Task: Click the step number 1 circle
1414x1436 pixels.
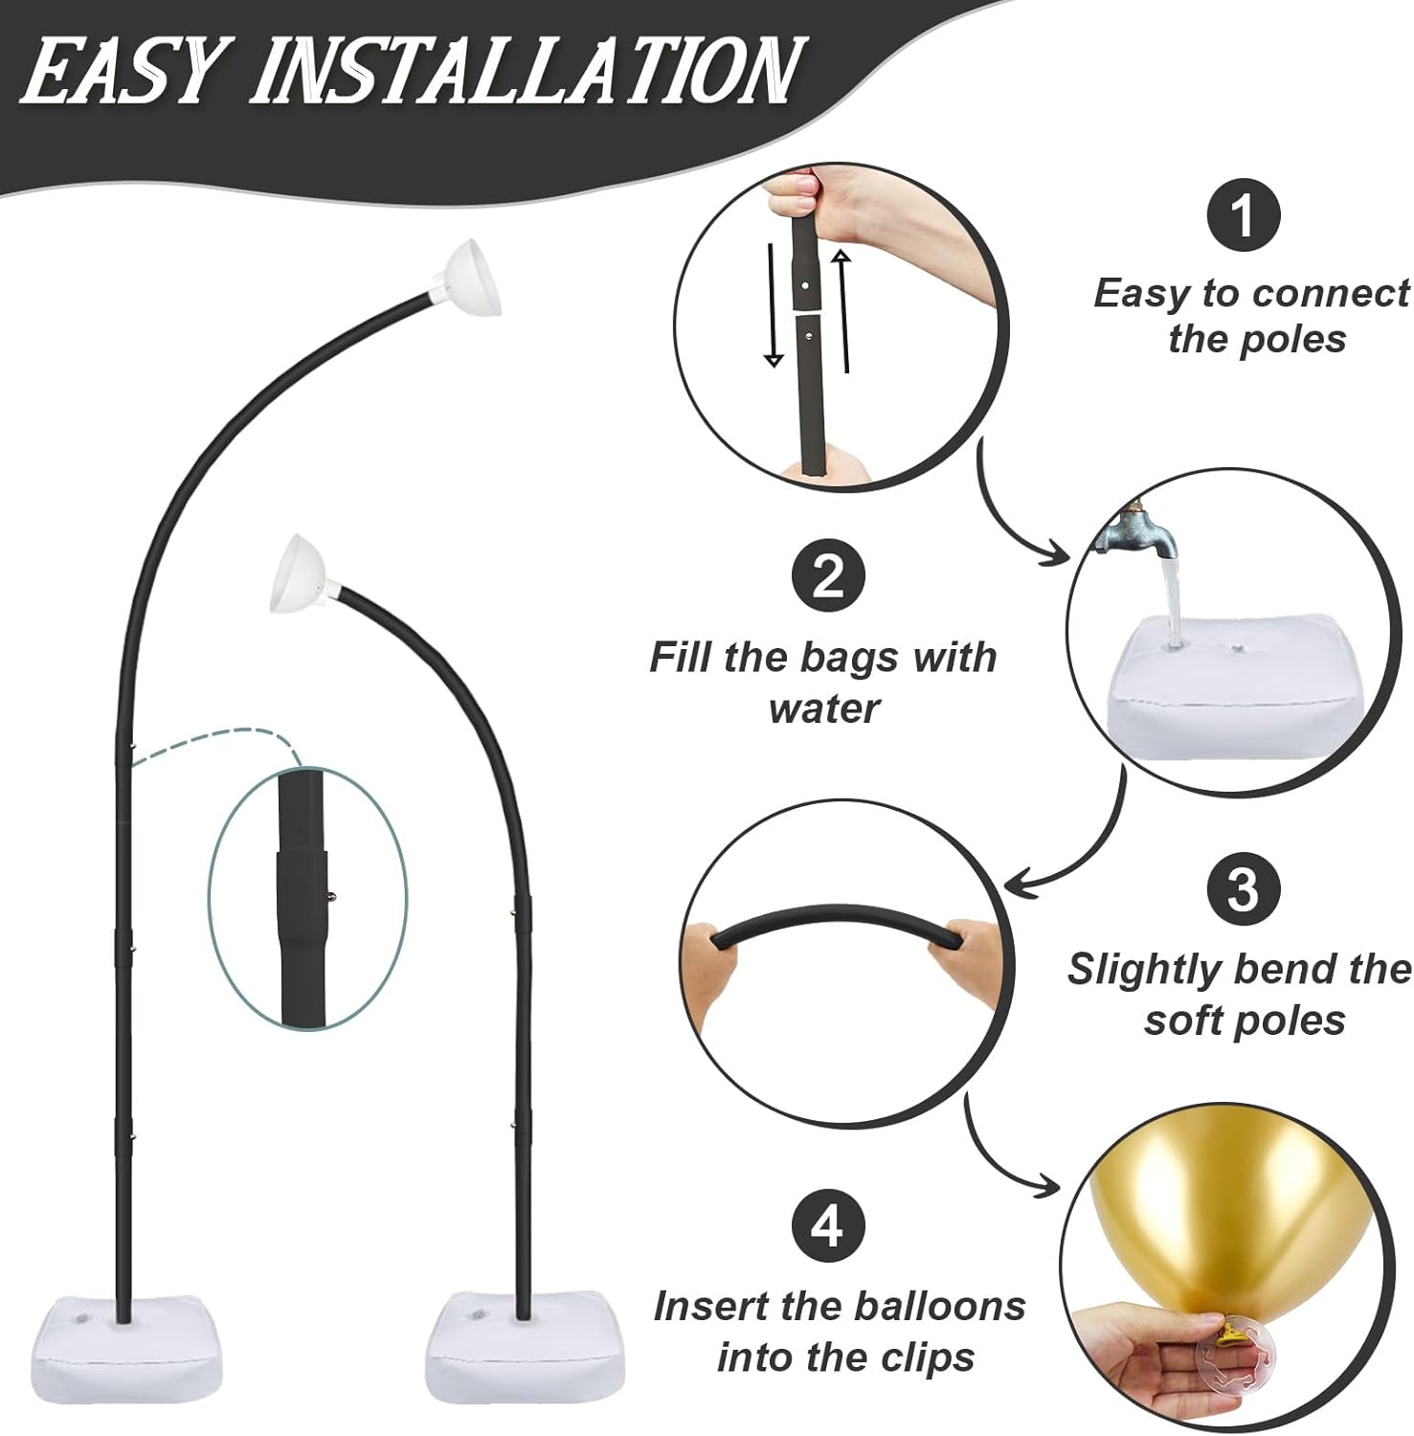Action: pyautogui.click(x=1243, y=216)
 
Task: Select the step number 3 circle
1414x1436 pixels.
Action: pyautogui.click(x=1243, y=889)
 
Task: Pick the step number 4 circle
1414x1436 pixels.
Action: pyautogui.click(x=828, y=1224)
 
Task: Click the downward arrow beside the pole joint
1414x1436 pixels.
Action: pyautogui.click(x=774, y=304)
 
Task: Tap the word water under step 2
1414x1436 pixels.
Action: pyautogui.click(x=824, y=709)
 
